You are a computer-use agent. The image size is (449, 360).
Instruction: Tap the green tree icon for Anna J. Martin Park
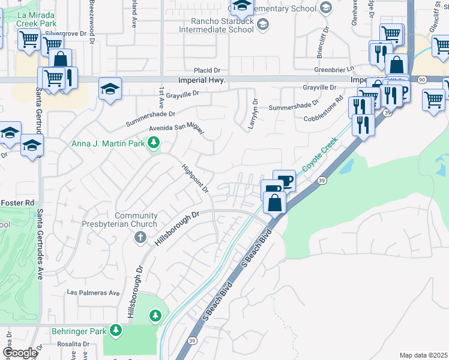[x=154, y=143]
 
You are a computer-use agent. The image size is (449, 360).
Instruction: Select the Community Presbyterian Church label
[x=136, y=220]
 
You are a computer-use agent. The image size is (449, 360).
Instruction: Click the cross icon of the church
[x=140, y=238]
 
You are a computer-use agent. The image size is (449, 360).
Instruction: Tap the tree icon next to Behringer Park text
[x=116, y=331]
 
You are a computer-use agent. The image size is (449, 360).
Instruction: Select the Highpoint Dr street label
[x=195, y=179]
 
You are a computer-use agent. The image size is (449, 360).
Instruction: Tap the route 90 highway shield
[x=423, y=79]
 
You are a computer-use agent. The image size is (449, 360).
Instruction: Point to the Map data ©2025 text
[x=423, y=355]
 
